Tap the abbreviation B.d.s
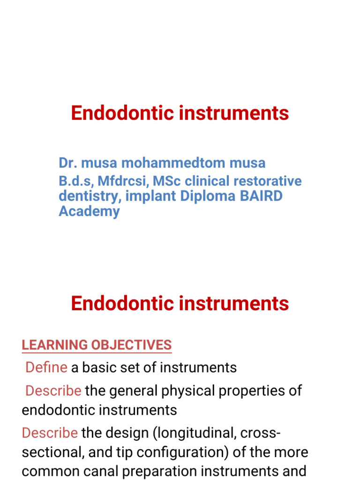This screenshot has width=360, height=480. (x=75, y=181)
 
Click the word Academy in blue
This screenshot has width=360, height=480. (x=89, y=211)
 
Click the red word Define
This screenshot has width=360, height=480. (x=46, y=367)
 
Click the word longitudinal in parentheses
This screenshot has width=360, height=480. (x=195, y=433)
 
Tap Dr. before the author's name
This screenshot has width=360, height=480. (x=68, y=163)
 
